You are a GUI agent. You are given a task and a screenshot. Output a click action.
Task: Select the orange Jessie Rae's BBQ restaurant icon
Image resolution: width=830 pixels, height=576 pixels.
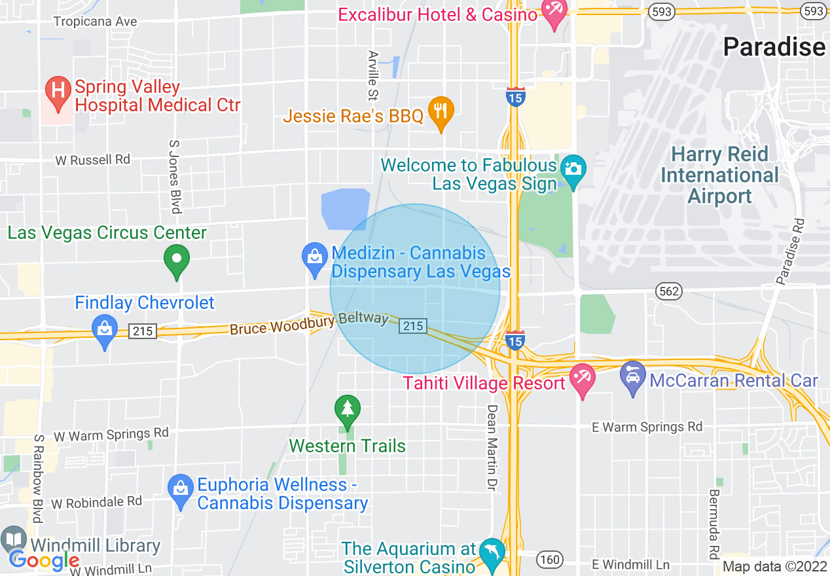[x=441, y=112]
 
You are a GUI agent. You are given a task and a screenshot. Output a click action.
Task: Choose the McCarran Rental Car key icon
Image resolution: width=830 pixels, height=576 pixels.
[x=632, y=378]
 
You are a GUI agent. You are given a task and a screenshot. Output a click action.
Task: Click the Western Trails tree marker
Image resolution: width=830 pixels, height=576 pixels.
[x=347, y=410]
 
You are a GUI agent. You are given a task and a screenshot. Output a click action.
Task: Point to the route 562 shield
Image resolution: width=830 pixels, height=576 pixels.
[x=666, y=291]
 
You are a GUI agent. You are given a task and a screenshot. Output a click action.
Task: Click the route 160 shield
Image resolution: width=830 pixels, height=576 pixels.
[x=549, y=559]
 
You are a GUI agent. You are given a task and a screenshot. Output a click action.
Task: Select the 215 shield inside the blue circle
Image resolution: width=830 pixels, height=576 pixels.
[x=413, y=325]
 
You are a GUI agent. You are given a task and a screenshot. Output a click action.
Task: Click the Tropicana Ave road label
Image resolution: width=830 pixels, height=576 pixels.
[x=96, y=22]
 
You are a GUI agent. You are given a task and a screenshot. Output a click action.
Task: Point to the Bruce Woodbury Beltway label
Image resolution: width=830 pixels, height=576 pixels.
[x=309, y=323]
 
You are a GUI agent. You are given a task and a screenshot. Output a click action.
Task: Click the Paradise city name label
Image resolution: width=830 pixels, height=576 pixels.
[x=774, y=47]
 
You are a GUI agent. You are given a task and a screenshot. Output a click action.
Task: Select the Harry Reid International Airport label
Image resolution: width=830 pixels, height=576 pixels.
[x=720, y=175]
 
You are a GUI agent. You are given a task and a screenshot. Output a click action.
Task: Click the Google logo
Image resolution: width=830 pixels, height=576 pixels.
[x=44, y=560]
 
